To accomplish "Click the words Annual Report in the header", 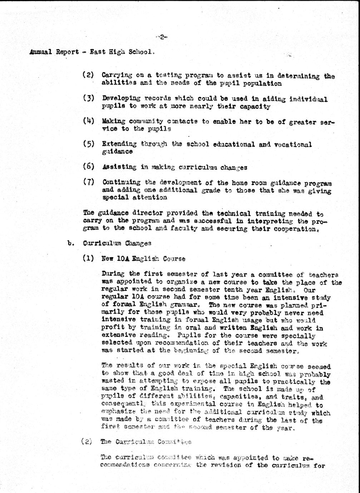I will pyautogui.click(x=54, y=52).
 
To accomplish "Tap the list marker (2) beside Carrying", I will pyautogui.click(x=88, y=75).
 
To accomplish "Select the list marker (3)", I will pyautogui.click(x=88, y=98).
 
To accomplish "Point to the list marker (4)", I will pyautogui.click(x=88, y=121).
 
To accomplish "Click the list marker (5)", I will pyautogui.click(x=88, y=144).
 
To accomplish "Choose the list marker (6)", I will pyautogui.click(x=88, y=166).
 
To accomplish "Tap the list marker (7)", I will pyautogui.click(x=88, y=182).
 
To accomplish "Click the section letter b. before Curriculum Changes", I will pyautogui.click(x=70, y=243).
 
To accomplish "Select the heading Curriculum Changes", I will pyautogui.click(x=117, y=243).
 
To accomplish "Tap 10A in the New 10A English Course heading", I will pyautogui.click(x=123, y=259).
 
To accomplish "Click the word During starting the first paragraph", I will pyautogui.click(x=113, y=274).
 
